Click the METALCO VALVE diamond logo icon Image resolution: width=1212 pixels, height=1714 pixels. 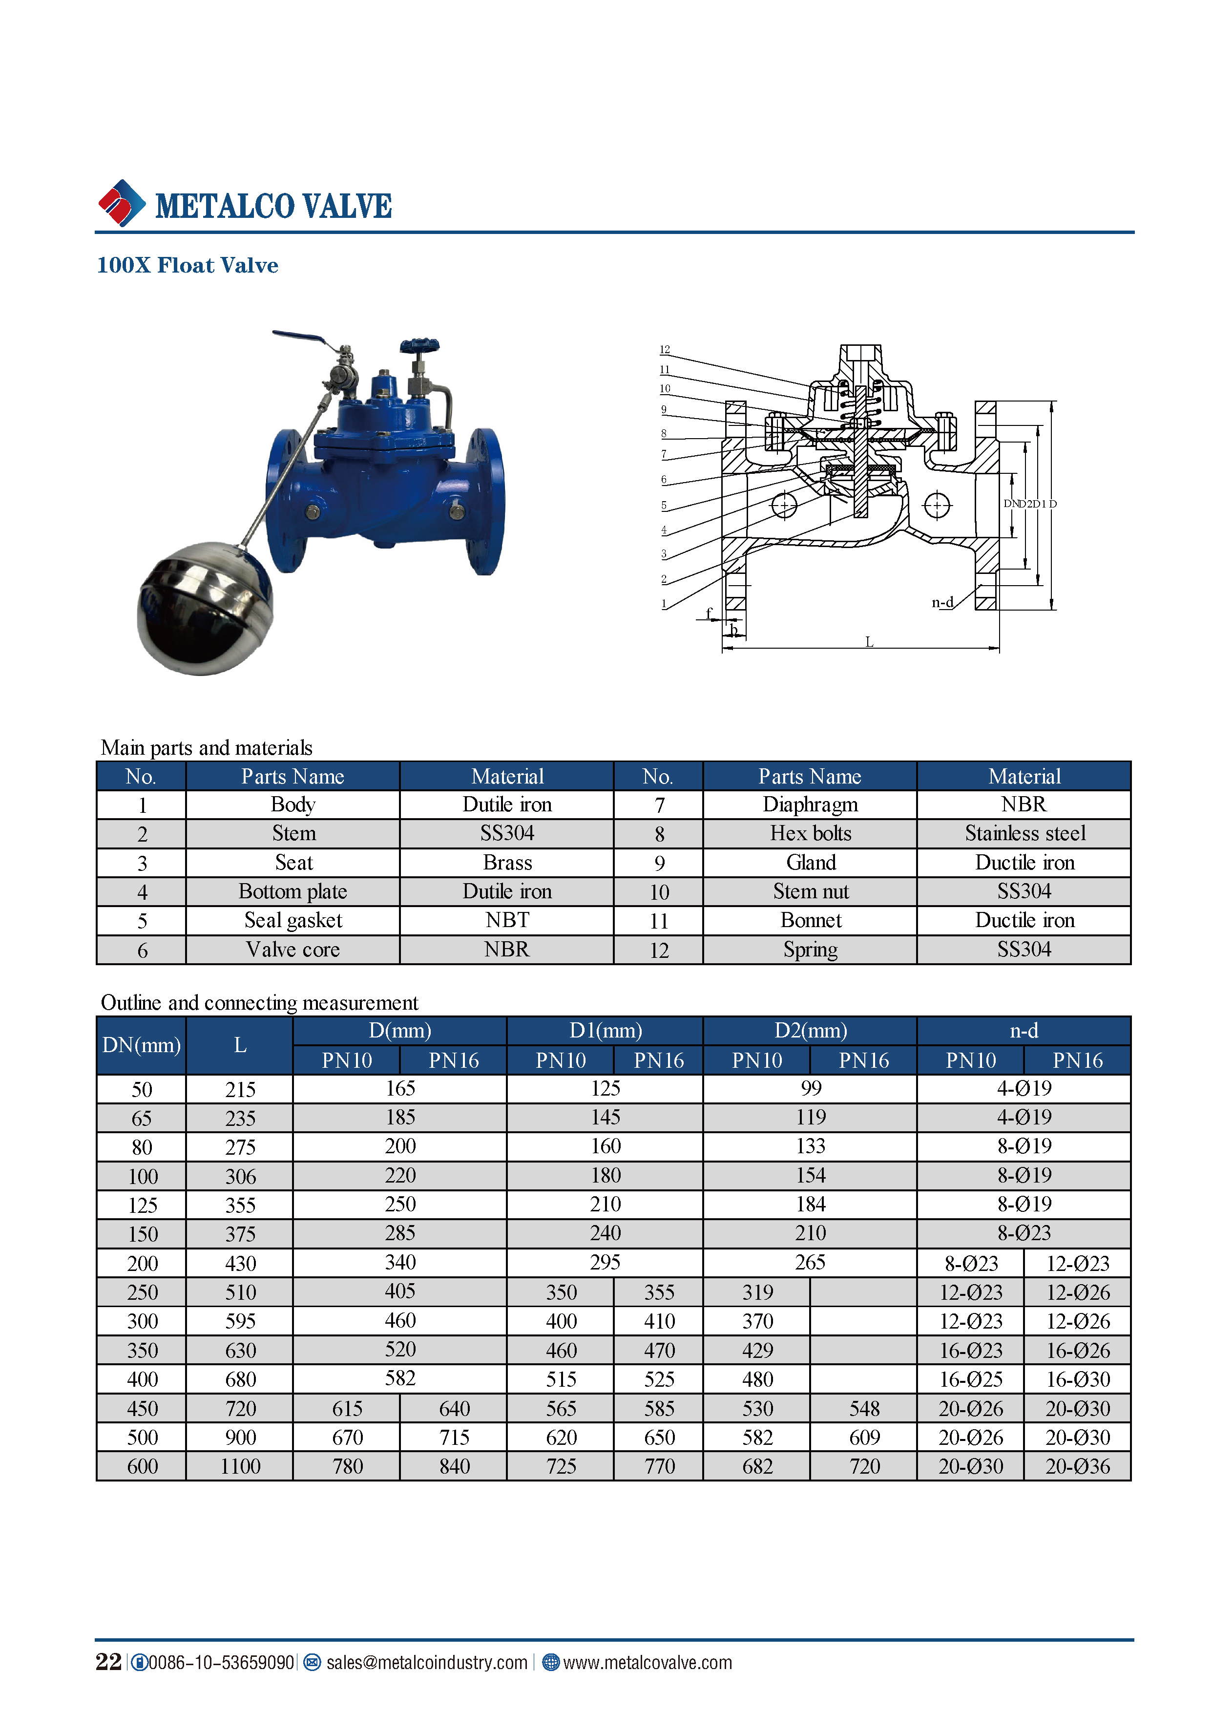point(122,203)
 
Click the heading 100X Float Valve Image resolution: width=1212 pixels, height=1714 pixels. point(188,266)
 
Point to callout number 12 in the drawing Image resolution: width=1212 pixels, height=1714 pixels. point(664,349)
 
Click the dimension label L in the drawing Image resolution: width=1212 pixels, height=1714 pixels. point(869,642)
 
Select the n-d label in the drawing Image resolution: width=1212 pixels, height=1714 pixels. point(942,602)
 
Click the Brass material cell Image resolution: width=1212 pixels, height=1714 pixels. point(507,863)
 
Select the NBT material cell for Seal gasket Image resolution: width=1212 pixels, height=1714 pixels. point(507,920)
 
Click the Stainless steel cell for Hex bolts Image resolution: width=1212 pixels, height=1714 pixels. point(1024,834)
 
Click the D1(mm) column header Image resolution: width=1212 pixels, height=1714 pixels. point(605,1031)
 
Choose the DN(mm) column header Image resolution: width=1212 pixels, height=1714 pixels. point(141,1045)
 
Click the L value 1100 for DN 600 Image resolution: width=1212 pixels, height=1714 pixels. point(240,1466)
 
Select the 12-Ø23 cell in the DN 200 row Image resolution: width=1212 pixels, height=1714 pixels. point(1078,1263)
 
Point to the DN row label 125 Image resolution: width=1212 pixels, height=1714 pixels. point(142,1205)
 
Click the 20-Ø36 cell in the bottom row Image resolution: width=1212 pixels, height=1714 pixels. point(1078,1466)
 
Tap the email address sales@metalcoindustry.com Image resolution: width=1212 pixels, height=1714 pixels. point(426,1663)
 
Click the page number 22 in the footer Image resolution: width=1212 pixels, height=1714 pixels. point(108,1662)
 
